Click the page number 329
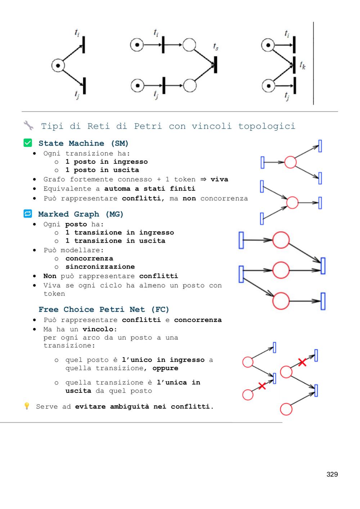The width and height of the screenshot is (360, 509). [332, 474]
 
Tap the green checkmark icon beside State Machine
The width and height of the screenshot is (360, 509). [28, 143]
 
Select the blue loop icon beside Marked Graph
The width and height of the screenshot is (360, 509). [28, 213]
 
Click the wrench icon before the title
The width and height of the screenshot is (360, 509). [28, 125]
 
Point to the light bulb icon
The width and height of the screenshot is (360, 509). [27, 406]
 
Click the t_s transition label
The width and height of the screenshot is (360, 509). [216, 46]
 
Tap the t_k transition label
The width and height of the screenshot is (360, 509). [302, 65]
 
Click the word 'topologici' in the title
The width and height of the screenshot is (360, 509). [267, 126]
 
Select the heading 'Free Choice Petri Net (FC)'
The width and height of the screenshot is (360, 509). [104, 310]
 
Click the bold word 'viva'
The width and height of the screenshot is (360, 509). [219, 179]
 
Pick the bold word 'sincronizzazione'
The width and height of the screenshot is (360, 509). [100, 266]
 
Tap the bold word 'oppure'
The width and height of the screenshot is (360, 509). [165, 368]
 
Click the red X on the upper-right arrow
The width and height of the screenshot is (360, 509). [302, 362]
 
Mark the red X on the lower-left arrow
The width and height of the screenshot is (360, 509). [262, 386]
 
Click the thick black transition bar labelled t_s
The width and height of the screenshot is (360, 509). [215, 65]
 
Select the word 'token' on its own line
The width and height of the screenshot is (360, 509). [54, 294]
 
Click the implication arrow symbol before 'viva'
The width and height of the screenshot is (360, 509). [203, 179]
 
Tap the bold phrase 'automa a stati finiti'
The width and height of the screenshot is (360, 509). [149, 189]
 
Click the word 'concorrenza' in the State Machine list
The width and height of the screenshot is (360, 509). [224, 198]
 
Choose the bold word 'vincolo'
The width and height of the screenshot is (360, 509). [100, 329]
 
